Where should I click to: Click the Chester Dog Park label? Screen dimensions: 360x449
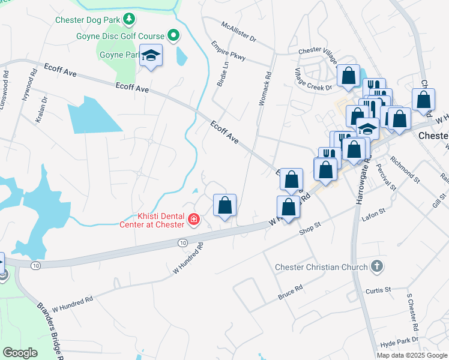pyautogui.click(x=88, y=20)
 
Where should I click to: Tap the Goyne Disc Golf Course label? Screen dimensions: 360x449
pyautogui.click(x=120, y=36)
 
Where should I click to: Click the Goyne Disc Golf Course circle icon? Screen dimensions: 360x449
pyautogui.click(x=173, y=36)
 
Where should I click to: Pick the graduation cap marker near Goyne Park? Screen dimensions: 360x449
pyautogui.click(x=151, y=56)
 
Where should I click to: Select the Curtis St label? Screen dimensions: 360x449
pyautogui.click(x=378, y=290)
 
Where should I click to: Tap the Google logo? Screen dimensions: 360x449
pyautogui.click(x=20, y=353)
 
